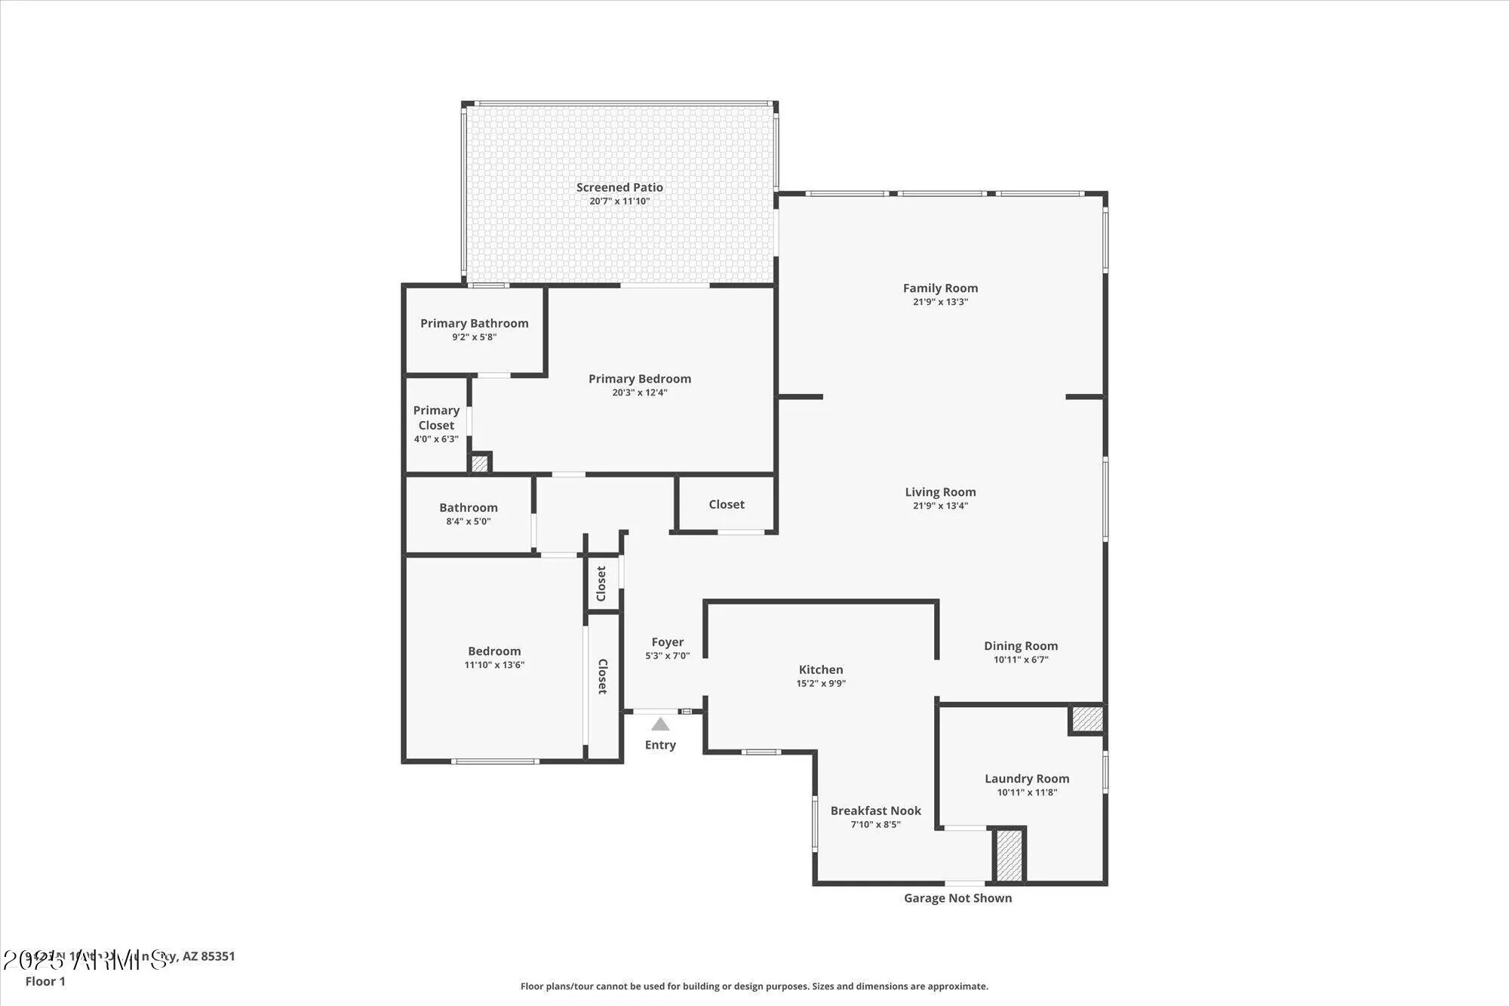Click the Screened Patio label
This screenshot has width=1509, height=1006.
coord(619,187)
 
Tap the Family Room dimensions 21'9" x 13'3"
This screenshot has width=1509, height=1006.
coord(940,302)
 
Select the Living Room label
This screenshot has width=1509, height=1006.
coord(940,492)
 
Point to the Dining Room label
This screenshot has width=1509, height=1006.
coord(1020,646)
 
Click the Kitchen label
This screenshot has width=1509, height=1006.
coord(821,669)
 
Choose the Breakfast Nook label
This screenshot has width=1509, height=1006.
coord(875,811)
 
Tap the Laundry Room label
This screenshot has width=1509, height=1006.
coord(1026,779)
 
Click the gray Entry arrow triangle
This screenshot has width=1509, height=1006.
coord(660,725)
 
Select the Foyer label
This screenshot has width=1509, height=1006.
coord(667,642)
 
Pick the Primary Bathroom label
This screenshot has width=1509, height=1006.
coord(474,323)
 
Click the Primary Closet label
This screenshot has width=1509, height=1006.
coord(436,417)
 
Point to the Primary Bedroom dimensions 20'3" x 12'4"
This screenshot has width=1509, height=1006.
coord(639,392)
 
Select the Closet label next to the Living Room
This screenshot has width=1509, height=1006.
coord(726,504)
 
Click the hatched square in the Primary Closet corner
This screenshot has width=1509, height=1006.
coord(479,463)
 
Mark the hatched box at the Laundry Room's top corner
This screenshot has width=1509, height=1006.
coord(1087,718)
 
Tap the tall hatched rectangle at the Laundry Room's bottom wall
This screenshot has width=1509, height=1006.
coord(1009,854)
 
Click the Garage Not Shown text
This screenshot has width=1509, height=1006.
coord(957,898)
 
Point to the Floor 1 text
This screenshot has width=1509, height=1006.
coord(45,981)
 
